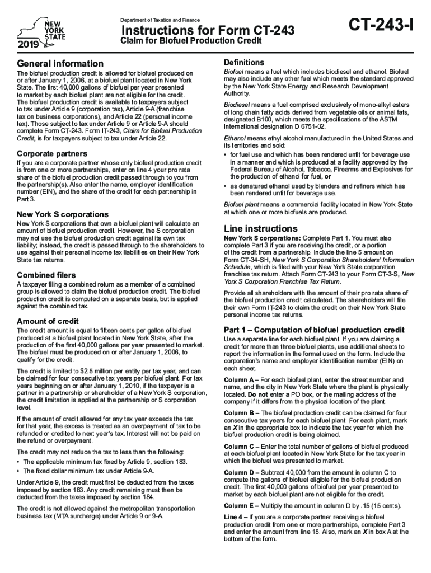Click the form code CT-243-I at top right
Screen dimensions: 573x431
381,26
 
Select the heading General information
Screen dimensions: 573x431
60,64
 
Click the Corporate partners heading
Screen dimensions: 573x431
51,153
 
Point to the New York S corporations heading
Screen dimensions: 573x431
63,214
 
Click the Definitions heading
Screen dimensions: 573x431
244,62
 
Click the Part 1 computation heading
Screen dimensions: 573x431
313,330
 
